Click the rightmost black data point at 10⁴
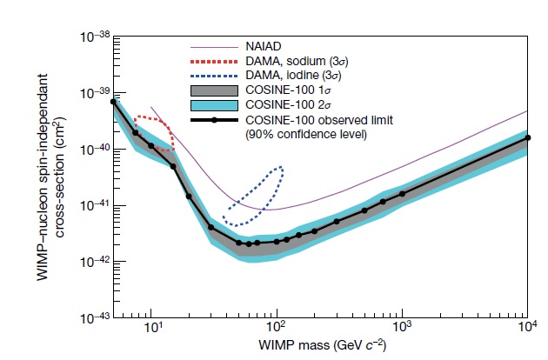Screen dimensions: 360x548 point(527,137)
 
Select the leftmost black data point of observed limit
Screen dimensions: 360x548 point(113,102)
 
